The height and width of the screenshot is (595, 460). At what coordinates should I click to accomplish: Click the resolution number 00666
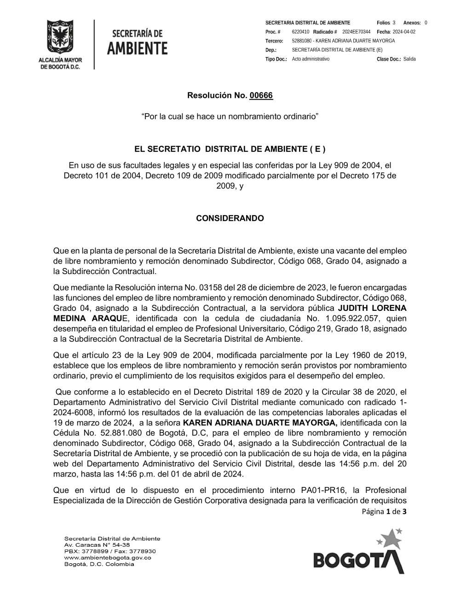click(x=261, y=96)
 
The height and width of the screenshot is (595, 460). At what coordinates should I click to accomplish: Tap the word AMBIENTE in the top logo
click(x=137, y=48)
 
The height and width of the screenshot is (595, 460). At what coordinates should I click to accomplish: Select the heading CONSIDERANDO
click(x=230, y=218)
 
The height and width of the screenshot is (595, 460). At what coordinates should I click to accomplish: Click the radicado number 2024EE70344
click(x=356, y=32)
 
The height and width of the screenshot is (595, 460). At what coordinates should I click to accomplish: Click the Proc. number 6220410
click(x=300, y=32)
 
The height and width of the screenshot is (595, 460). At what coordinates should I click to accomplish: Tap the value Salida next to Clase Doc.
click(x=409, y=59)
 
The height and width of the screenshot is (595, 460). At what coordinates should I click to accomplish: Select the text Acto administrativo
click(x=310, y=59)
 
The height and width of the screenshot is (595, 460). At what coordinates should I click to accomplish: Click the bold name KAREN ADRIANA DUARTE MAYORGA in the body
click(x=260, y=423)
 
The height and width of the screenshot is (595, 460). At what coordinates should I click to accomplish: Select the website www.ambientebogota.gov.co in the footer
click(x=108, y=558)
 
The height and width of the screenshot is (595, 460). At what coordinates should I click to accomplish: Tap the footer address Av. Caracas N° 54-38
click(x=97, y=544)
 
